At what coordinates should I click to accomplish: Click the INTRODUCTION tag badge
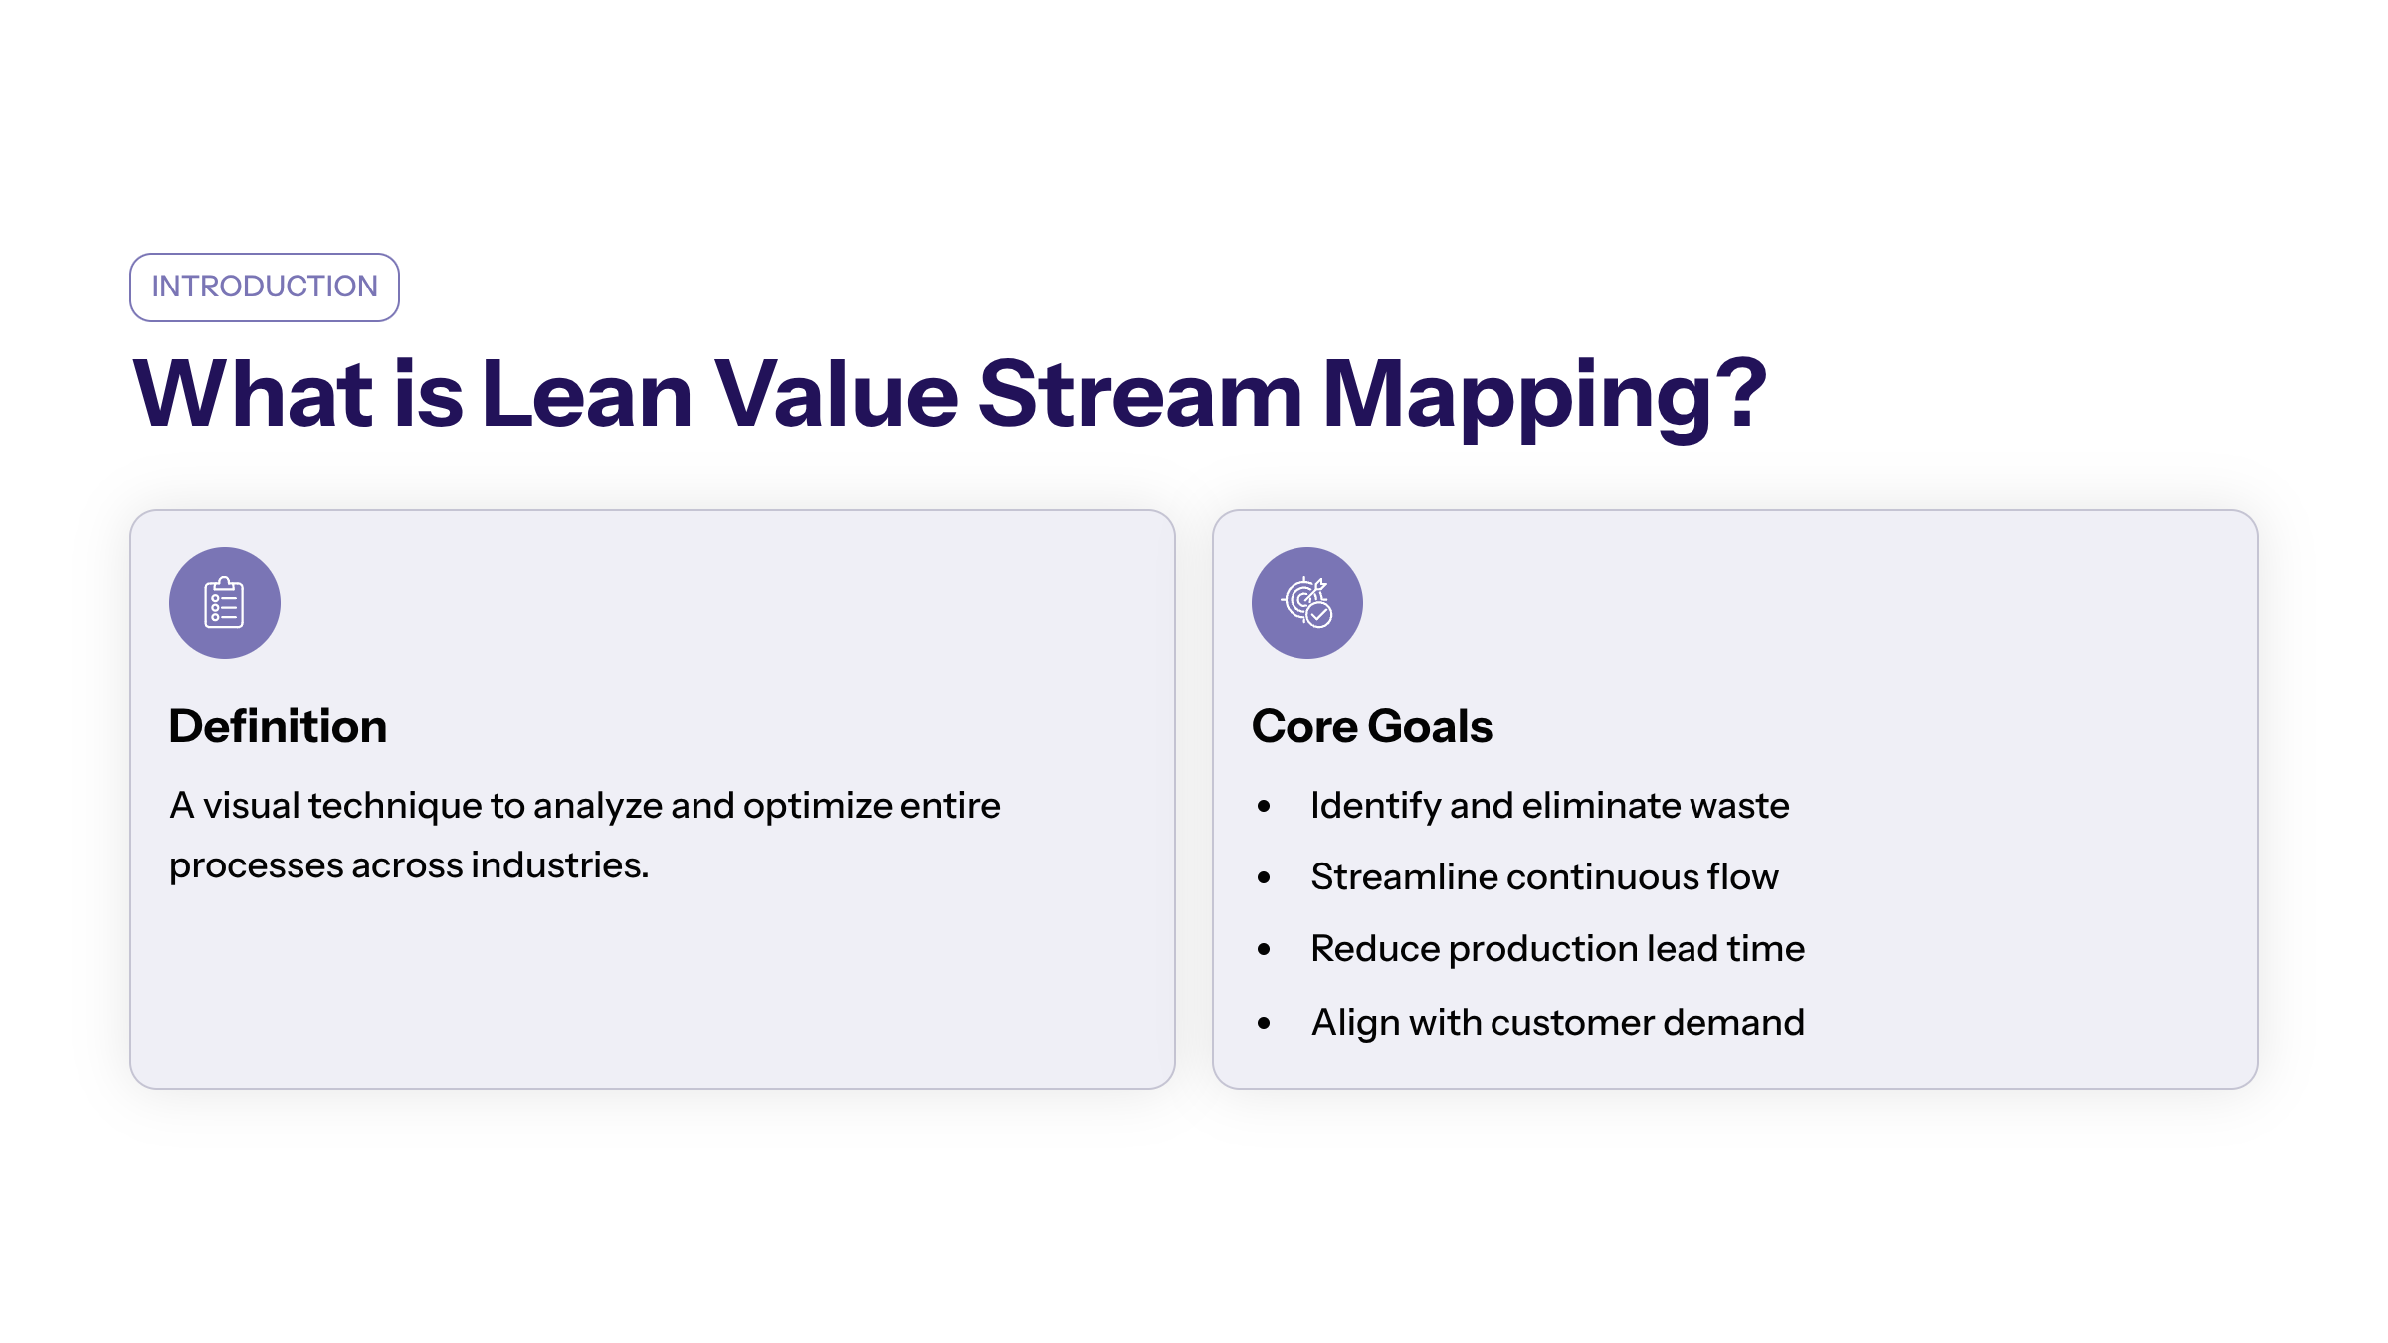click(x=265, y=288)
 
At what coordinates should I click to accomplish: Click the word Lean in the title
click(x=587, y=394)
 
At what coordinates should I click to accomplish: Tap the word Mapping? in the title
click(x=1544, y=397)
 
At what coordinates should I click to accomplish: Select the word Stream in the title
click(x=1139, y=394)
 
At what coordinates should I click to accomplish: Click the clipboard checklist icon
click(x=225, y=603)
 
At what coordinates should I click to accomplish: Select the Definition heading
click(x=278, y=726)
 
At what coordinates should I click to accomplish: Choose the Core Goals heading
click(x=1372, y=726)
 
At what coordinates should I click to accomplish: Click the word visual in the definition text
click(x=251, y=805)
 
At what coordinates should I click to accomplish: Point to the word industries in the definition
click(x=559, y=864)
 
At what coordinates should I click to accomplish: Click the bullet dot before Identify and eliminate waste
click(x=1264, y=806)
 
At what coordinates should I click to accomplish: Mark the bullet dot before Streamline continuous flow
click(x=1264, y=877)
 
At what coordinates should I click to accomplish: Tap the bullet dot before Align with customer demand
click(x=1264, y=1023)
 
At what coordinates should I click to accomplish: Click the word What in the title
click(x=253, y=394)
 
